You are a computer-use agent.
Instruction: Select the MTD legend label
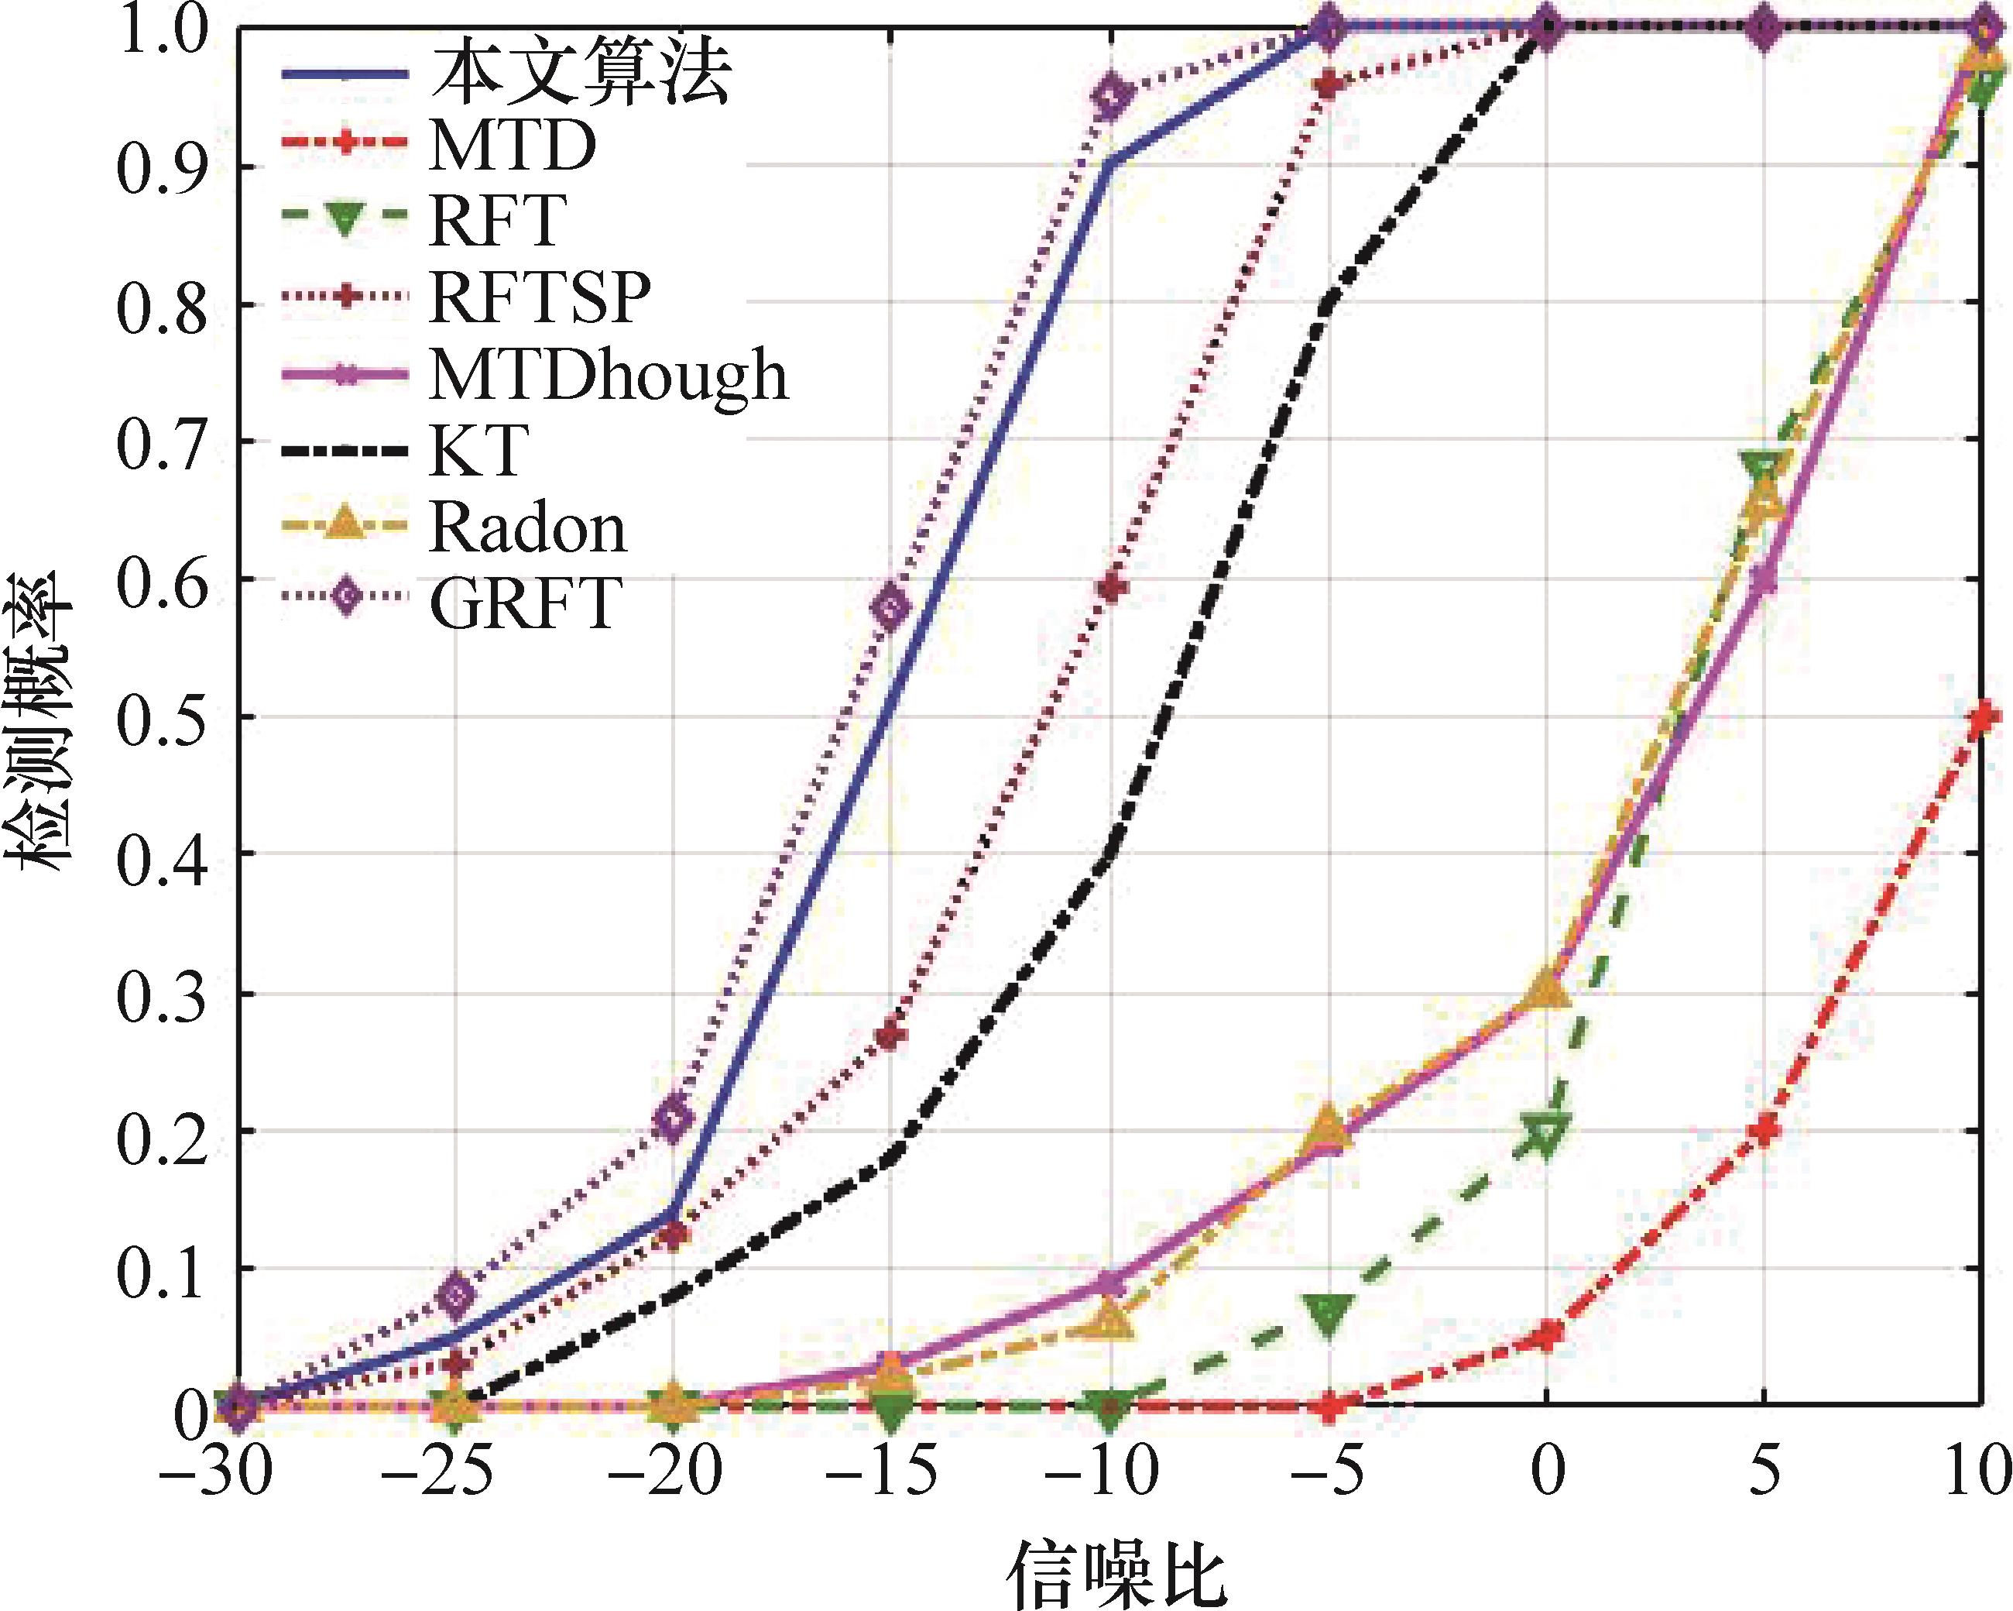click(512, 146)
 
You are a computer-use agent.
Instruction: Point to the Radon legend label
click(527, 527)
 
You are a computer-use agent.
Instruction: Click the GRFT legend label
click(525, 603)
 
